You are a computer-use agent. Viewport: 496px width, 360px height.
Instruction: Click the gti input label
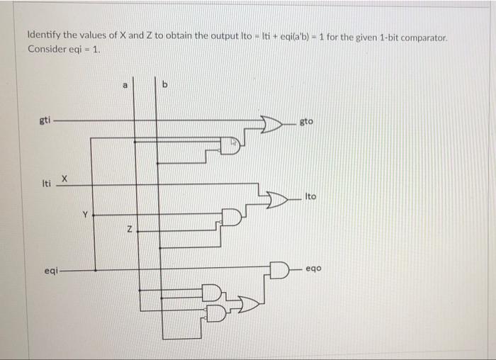coord(44,120)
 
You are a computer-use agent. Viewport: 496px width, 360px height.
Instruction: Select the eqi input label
coord(50,270)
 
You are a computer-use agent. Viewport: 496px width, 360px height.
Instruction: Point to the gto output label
coord(306,122)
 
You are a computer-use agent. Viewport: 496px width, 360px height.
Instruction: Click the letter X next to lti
coord(64,179)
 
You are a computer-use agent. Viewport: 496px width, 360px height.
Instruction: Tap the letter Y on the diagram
coord(84,213)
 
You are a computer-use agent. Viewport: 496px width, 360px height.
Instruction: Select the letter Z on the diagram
coord(129,229)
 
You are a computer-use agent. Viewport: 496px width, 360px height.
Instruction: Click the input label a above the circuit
coord(125,84)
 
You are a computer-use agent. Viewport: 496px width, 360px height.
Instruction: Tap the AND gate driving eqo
coord(279,269)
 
